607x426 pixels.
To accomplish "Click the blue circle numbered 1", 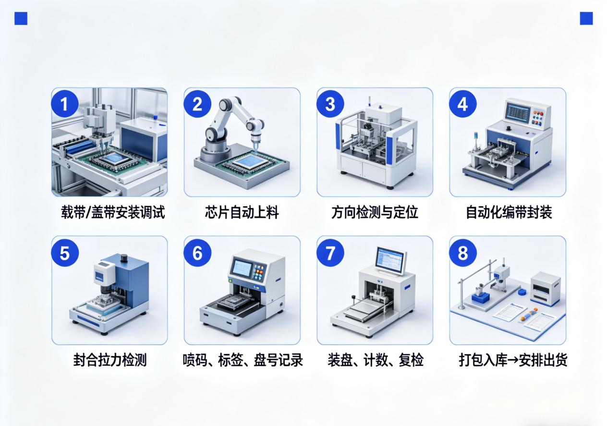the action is coord(65,104).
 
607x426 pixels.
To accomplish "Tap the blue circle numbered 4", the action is coord(462,104).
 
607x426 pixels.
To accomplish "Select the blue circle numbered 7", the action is coord(330,253).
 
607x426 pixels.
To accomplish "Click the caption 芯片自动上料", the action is coord(242,212).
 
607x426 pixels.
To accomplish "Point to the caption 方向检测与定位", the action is coord(375,212).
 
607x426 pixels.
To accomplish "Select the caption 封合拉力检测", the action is coord(110,360).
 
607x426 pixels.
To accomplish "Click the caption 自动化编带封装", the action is coord(509,212).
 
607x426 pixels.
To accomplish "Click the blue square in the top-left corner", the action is coord(21,18).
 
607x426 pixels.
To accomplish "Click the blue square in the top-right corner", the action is coord(586,18).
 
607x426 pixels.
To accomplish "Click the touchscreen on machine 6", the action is coord(242,268).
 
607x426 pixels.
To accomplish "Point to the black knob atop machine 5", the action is coord(124,257).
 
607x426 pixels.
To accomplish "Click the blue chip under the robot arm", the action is coord(250,162).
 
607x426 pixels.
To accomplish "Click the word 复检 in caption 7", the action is coord(411,360).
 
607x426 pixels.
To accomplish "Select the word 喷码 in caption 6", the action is coord(195,360).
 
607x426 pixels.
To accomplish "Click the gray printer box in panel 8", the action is coord(545,289).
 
